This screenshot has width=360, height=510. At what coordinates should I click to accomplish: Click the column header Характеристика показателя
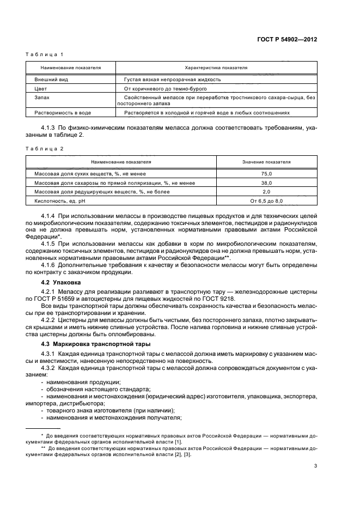point(216,68)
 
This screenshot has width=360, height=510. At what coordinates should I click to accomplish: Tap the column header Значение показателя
point(266,162)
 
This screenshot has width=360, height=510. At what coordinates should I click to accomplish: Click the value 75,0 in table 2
point(266,173)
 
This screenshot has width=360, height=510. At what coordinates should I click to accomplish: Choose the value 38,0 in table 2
point(266,183)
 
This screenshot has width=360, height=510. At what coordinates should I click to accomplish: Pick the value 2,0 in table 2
point(266,192)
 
